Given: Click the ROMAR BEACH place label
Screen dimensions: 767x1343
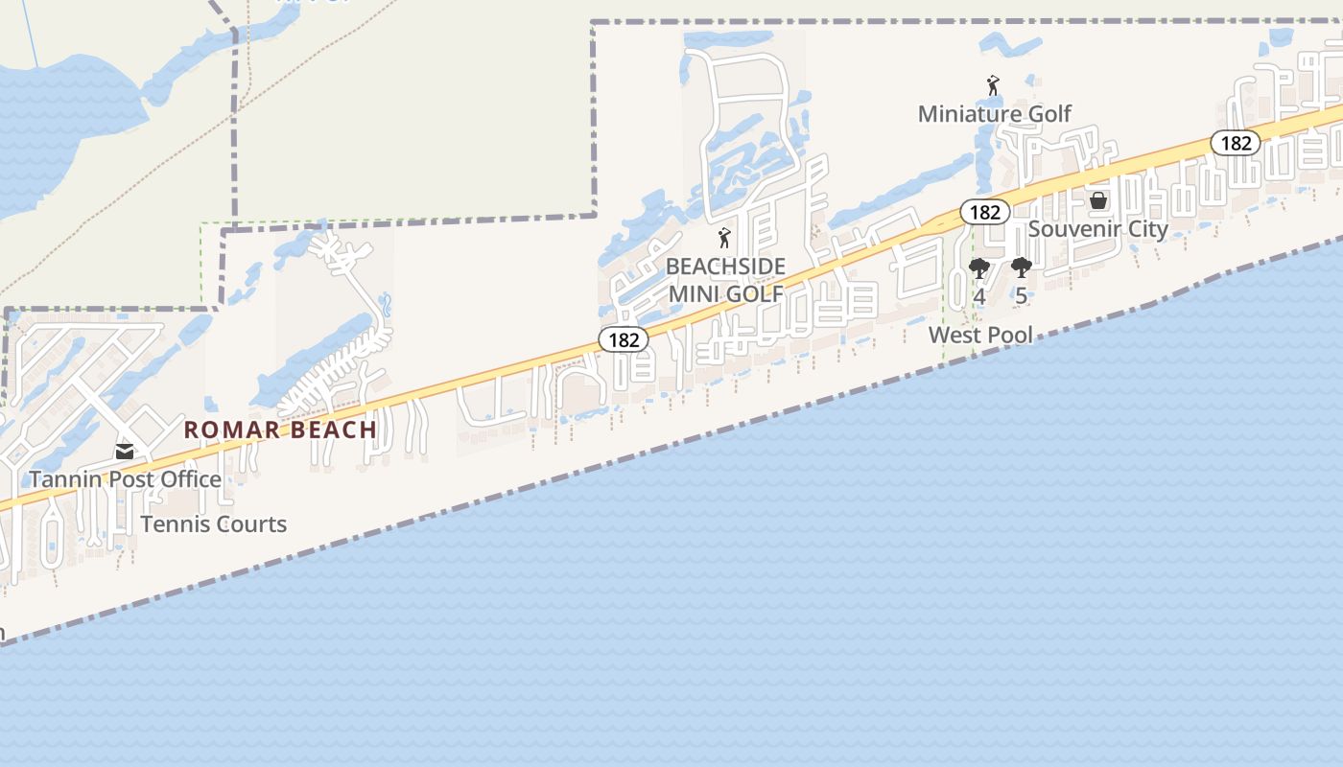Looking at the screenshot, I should (280, 430).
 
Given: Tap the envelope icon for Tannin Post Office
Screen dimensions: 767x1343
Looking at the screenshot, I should (125, 452).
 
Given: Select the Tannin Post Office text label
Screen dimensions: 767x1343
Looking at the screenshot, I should (125, 479).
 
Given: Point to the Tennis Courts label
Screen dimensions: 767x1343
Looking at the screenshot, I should (213, 524).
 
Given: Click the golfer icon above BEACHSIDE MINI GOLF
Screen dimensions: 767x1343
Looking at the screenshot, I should (724, 238).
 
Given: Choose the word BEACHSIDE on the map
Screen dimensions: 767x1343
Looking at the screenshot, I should (725, 267).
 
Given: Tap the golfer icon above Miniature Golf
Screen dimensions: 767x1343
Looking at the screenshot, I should (993, 86).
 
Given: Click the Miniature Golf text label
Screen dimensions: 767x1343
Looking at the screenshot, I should (994, 114).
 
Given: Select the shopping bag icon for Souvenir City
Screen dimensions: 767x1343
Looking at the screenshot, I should (1098, 200).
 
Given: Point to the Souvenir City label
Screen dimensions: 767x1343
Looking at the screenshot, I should (1097, 229).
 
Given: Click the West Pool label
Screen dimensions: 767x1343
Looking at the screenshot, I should (980, 335).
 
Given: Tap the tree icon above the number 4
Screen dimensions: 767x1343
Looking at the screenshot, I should (978, 268).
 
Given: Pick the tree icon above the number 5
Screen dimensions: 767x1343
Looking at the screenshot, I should (1021, 268).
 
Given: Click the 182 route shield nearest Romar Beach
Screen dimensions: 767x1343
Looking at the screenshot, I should (624, 339).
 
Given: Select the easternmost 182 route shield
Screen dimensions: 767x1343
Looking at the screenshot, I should (1236, 143).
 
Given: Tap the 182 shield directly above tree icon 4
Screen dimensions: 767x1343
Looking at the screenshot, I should (984, 212).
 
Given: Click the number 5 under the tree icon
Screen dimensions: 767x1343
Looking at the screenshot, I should (1021, 296).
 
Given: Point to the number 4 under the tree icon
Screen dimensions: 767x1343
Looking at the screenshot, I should (978, 296).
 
